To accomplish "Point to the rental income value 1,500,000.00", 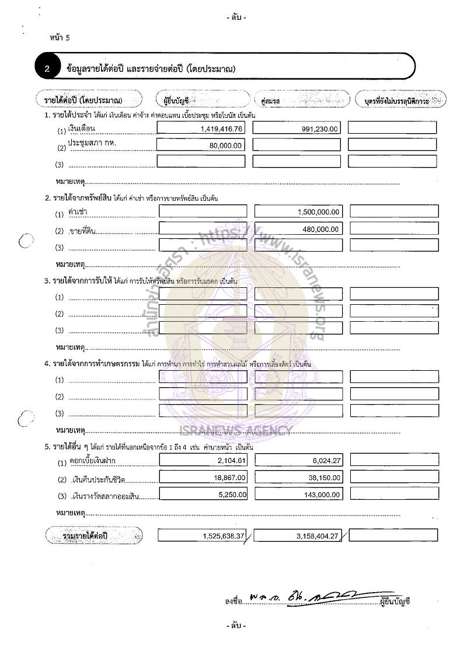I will [x=318, y=213].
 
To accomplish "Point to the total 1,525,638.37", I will [x=223, y=535].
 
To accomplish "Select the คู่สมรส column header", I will [x=272, y=101].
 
